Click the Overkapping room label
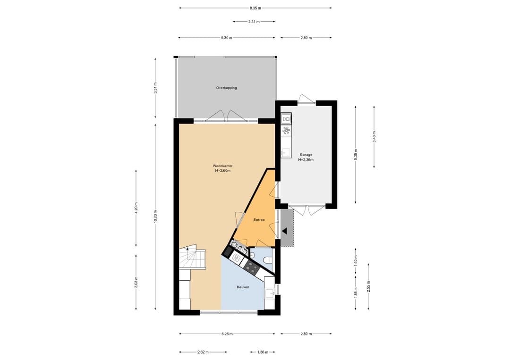[226, 88]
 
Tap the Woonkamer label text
[222, 166]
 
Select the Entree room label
[259, 220]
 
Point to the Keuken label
[243, 287]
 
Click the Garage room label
[306, 155]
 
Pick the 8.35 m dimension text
[255, 8]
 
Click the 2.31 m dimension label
[254, 22]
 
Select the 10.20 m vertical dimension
[155, 216]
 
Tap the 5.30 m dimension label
[227, 38]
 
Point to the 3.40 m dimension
[374, 136]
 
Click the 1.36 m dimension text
[263, 352]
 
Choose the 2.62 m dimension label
[203, 352]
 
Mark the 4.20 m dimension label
[136, 208]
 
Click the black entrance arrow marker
[285, 231]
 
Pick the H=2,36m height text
[306, 160]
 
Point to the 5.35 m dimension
[356, 154]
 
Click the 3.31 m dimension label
[155, 88]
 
